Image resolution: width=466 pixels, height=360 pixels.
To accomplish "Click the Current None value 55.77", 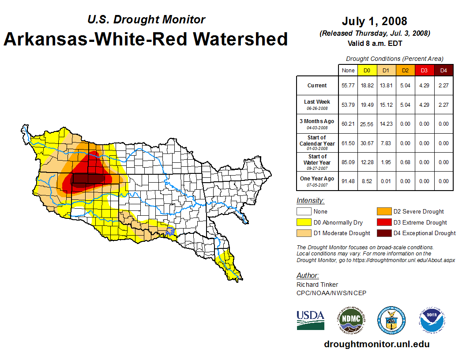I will point(348,86).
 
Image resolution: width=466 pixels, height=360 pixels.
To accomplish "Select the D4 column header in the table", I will point(443,70).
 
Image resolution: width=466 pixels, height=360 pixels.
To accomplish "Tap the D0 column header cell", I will point(367,70).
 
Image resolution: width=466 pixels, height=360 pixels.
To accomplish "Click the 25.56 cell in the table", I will point(367,124).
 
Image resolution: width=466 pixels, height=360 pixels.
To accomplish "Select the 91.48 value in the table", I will point(348,181).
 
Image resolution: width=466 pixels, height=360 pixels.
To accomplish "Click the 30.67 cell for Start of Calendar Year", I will point(367,143).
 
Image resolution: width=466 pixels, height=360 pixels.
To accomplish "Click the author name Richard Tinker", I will point(317,285).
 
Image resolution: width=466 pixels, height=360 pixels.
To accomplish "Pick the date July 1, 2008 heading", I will point(374,21).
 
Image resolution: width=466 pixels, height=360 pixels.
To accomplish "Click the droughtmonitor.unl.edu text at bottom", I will point(376,344).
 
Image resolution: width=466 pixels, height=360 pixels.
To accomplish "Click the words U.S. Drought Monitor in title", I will point(146,19).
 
